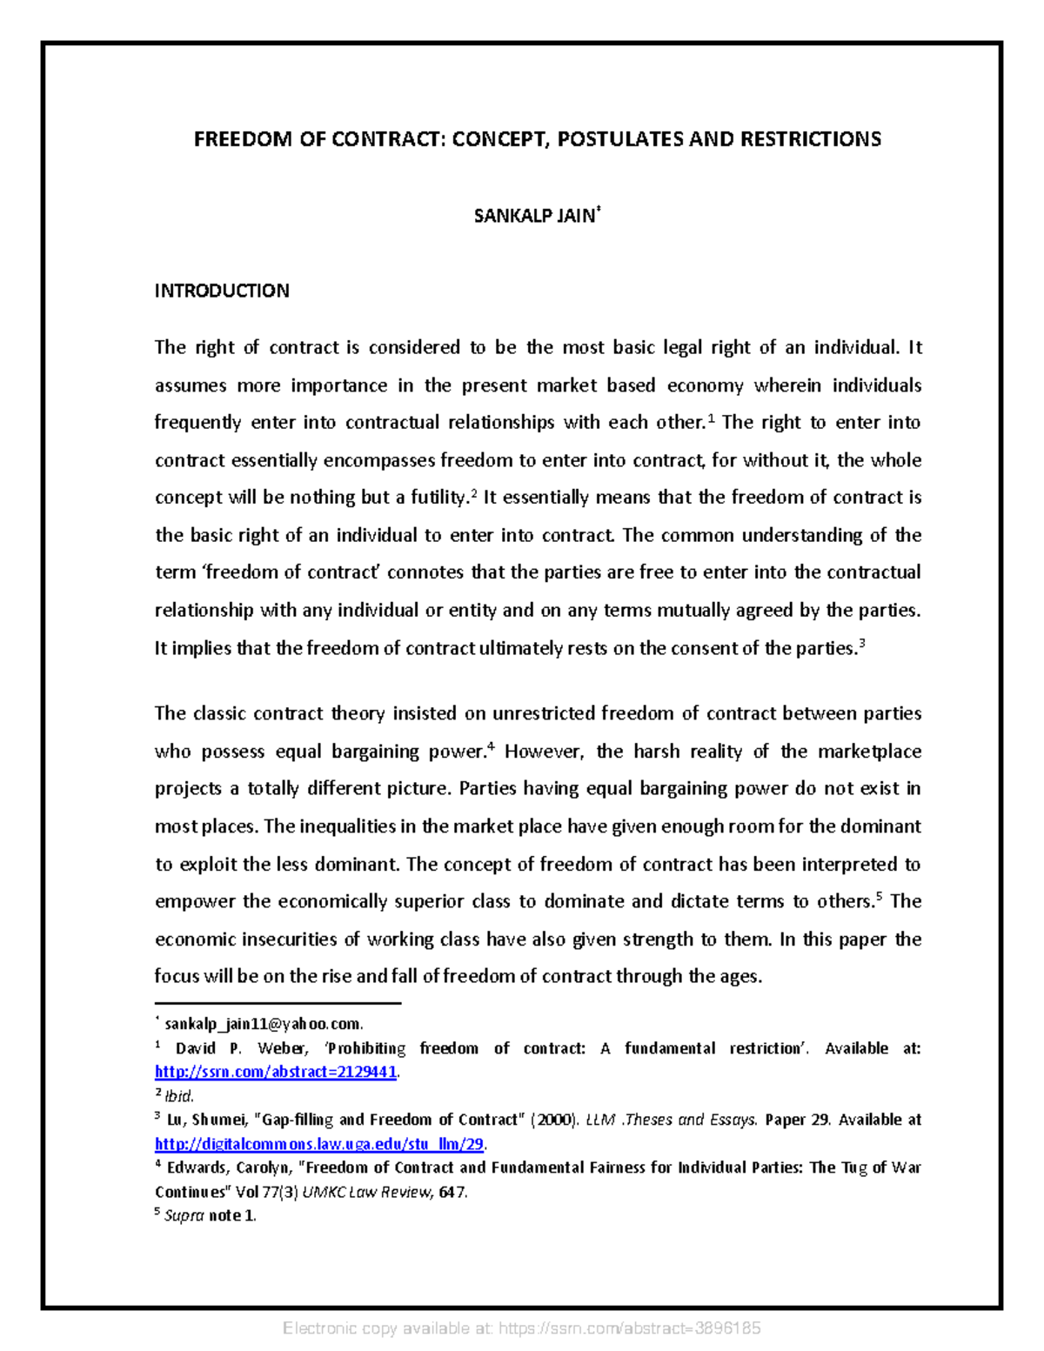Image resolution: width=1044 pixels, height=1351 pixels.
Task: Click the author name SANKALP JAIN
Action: (534, 217)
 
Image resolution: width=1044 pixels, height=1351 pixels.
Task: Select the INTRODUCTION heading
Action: (222, 291)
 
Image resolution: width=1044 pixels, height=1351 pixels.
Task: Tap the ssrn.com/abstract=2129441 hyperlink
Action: (276, 1072)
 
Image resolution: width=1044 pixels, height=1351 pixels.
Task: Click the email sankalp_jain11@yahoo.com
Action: (264, 1024)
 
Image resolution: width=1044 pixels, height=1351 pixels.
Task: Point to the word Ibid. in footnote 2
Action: (180, 1096)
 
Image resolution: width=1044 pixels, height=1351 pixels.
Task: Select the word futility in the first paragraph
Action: (438, 498)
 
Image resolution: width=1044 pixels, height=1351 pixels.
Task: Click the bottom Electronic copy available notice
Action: (522, 1328)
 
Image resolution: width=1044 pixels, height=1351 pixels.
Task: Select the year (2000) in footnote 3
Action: (555, 1120)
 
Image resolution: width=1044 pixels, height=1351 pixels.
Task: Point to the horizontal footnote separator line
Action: (278, 1003)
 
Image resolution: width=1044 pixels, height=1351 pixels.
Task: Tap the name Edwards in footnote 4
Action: (197, 1167)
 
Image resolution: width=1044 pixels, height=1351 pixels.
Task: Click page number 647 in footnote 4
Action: (452, 1192)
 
